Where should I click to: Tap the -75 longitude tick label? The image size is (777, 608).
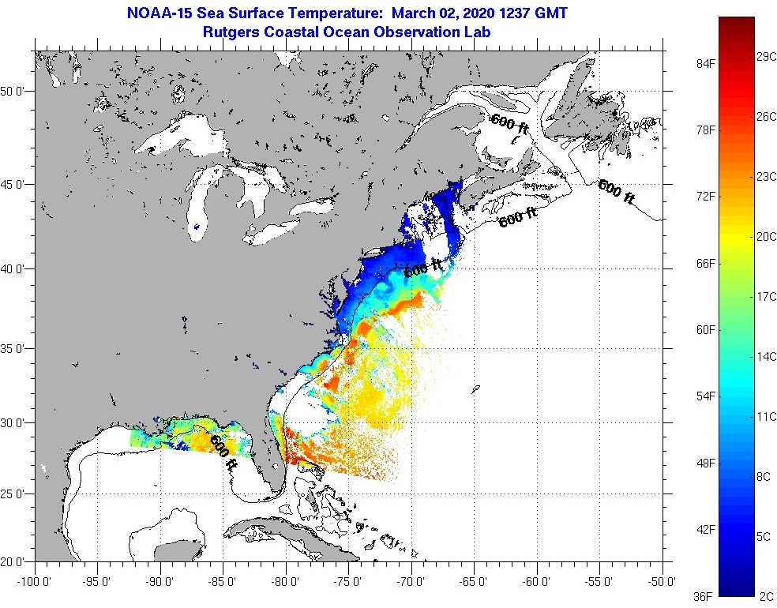point(348,582)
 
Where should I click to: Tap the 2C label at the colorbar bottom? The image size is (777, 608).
point(764,597)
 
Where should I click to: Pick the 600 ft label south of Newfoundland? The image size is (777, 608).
point(616,192)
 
